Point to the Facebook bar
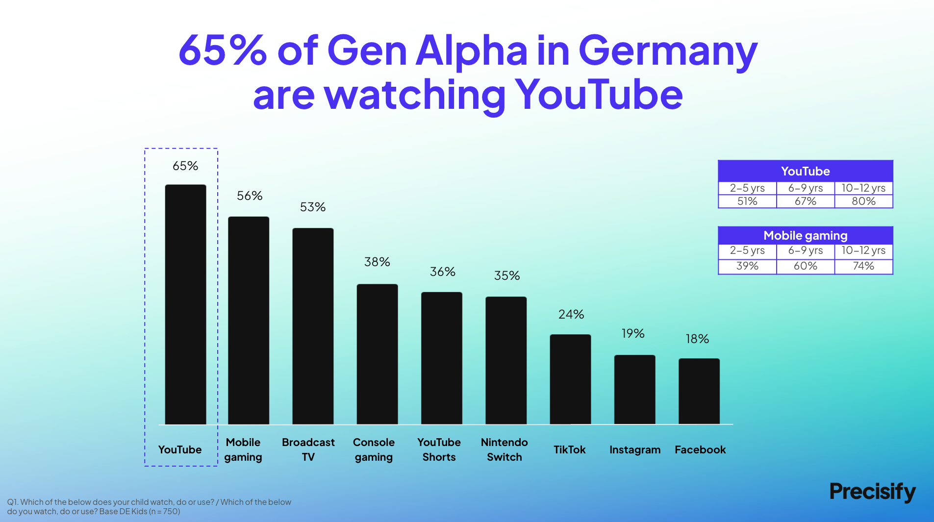[x=699, y=391]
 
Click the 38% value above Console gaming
[x=377, y=262]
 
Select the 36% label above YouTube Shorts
[x=442, y=272]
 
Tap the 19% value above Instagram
[x=632, y=334]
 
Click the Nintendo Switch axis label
[x=504, y=449]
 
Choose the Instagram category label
[x=635, y=450]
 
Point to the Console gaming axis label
[x=374, y=449]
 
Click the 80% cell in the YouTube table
[x=863, y=201]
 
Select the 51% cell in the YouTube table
[x=747, y=201]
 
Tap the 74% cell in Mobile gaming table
[x=863, y=266]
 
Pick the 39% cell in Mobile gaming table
[x=747, y=266]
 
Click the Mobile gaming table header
[x=805, y=236]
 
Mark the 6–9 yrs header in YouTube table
[x=805, y=188]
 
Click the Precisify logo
[x=872, y=492]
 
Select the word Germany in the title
[x=668, y=51]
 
